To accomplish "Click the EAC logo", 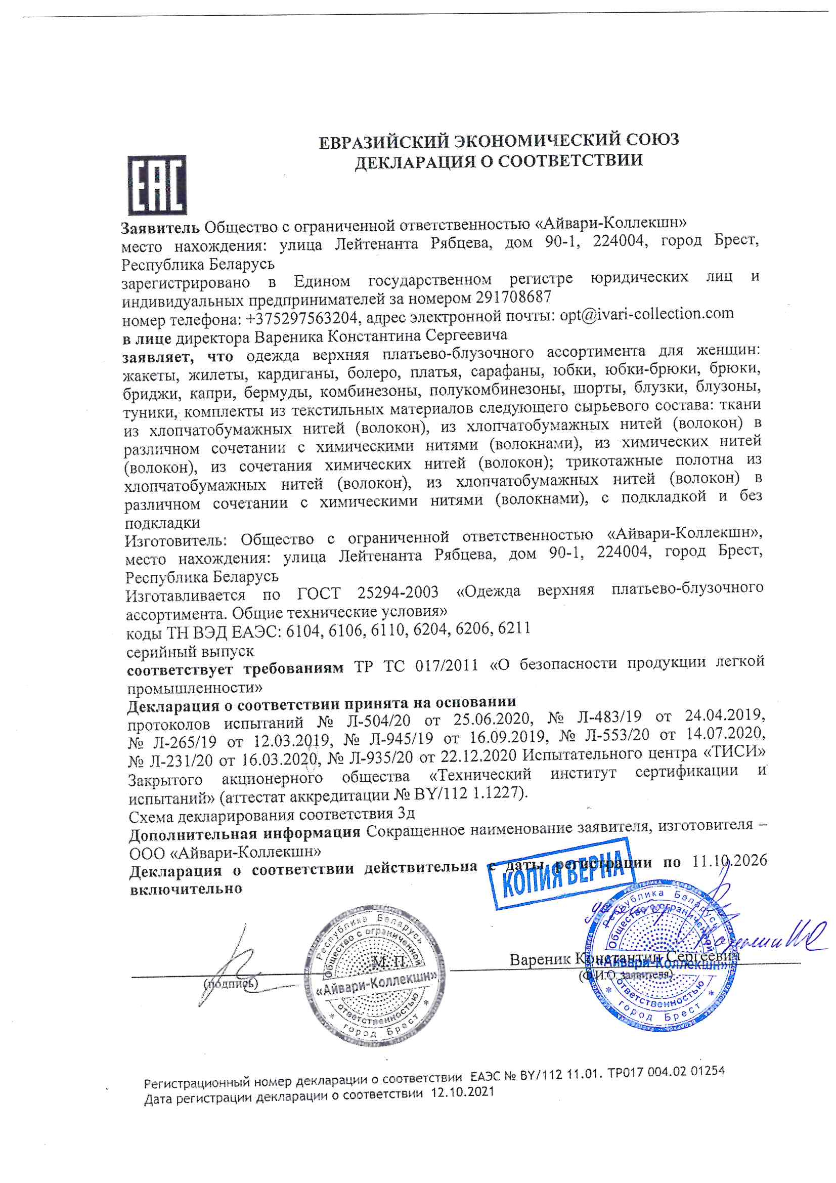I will click(157, 186).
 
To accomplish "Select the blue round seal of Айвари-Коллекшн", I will click(662, 964).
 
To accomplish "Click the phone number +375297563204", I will click(304, 318).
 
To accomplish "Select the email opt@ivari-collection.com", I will click(646, 314).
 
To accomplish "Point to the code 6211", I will click(514, 628).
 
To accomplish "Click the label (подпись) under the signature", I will click(231, 983).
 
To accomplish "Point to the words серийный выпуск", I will click(190, 652).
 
